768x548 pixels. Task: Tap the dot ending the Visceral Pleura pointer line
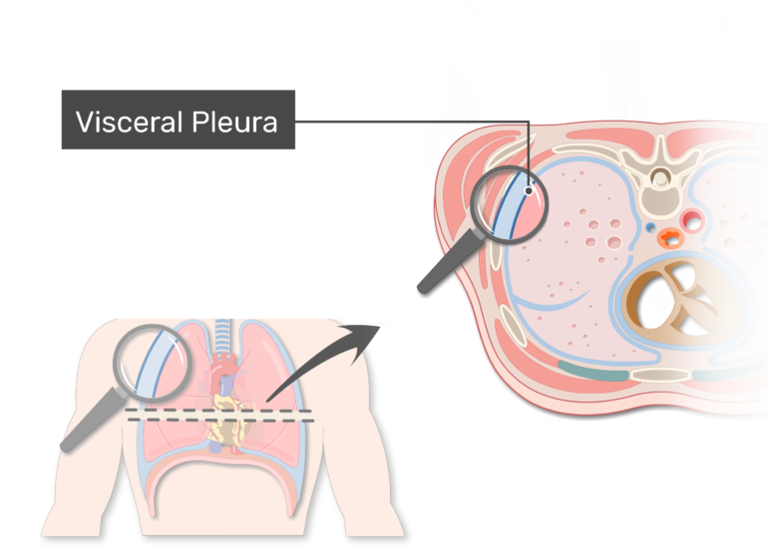[x=529, y=189]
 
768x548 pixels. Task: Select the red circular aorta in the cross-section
[x=691, y=219]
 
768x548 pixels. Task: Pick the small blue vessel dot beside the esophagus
[x=650, y=228]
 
